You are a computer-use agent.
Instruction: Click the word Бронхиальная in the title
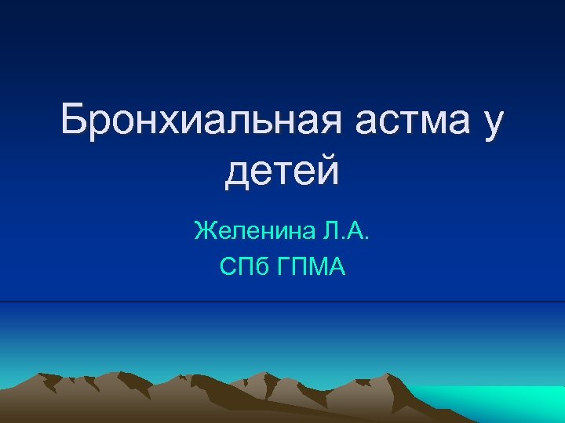[x=200, y=121]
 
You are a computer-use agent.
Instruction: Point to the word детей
[x=282, y=171]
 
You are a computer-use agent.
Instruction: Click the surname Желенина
[x=244, y=231]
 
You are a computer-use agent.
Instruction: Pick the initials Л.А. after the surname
[x=343, y=231]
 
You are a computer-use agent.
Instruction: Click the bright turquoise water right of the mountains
[x=502, y=399]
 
